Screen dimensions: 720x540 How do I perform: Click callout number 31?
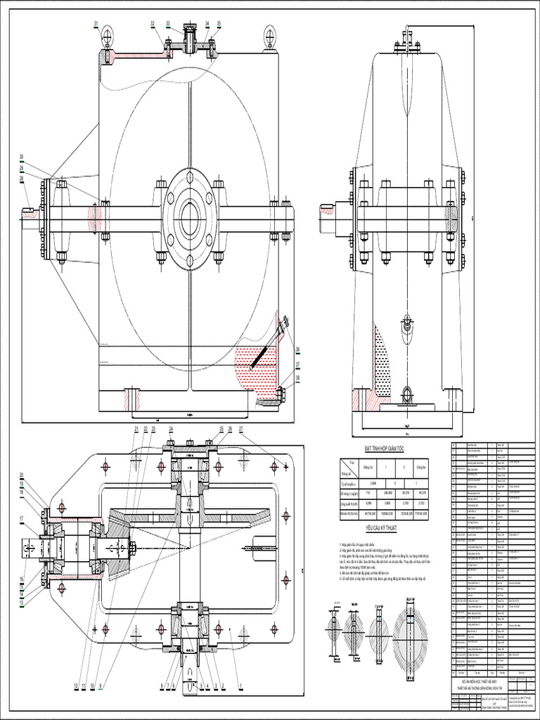pyautogui.click(x=96, y=25)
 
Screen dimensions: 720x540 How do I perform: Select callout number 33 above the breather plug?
pyautogui.click(x=168, y=24)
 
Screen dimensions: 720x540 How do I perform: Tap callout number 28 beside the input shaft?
pyautogui.click(x=22, y=179)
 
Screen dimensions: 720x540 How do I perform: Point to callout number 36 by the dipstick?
pyautogui.click(x=297, y=349)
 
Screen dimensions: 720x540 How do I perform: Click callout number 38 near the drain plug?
pyautogui.click(x=297, y=377)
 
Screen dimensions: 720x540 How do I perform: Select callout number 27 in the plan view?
pyautogui.click(x=241, y=428)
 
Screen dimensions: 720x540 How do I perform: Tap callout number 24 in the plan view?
pyautogui.click(x=171, y=428)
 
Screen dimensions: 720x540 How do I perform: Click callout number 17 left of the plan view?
pyautogui.click(x=22, y=520)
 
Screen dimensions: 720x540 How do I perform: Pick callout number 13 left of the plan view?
pyautogui.click(x=22, y=603)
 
